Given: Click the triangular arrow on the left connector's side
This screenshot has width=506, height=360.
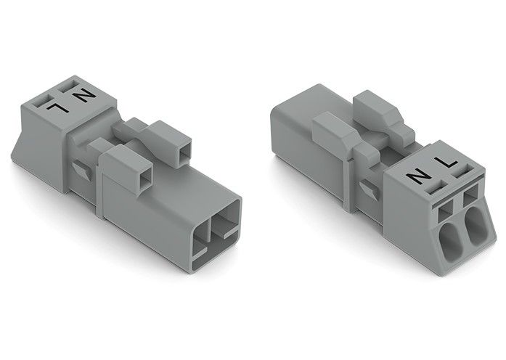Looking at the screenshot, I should click(x=81, y=169).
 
